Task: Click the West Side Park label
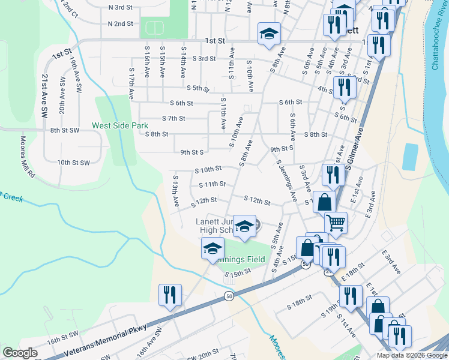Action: pyautogui.click(x=119, y=126)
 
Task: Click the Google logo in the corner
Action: pyautogui.click(x=20, y=353)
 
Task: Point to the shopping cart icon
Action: pyautogui.click(x=336, y=223)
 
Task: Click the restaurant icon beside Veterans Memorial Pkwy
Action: pyautogui.click(x=170, y=295)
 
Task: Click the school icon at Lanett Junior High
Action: pyautogui.click(x=244, y=226)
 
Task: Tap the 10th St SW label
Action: pyautogui.click(x=73, y=163)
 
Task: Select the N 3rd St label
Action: pyautogui.click(x=120, y=7)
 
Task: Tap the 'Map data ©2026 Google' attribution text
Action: pyautogui.click(x=412, y=355)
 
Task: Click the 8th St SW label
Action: pyautogui.click(x=65, y=130)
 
